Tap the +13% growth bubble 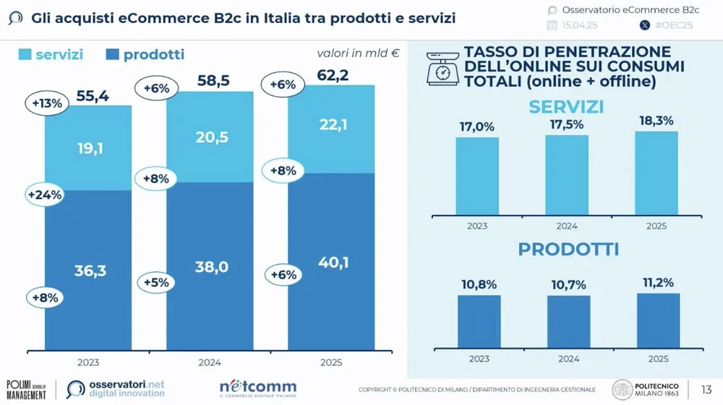coord(48,103)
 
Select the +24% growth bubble coord(45,194)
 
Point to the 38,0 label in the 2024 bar coord(212,267)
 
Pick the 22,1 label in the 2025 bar coord(333,125)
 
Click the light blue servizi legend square coord(25,54)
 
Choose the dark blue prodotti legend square coord(113,54)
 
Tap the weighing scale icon coord(442,67)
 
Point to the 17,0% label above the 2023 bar coord(476,127)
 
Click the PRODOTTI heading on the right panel coord(568,250)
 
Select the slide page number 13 coord(706,389)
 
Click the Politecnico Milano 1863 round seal coord(623,389)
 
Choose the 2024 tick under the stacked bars coord(210,362)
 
